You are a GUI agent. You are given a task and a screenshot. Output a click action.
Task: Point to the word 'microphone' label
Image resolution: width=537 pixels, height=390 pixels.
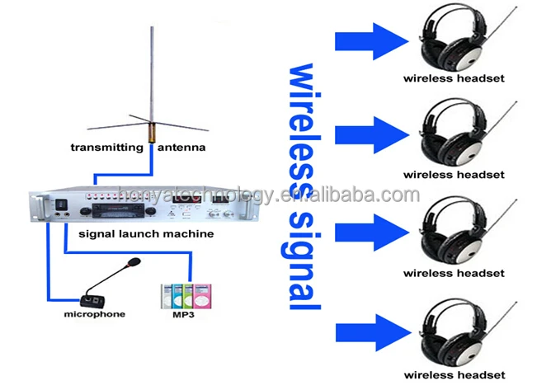(95, 315)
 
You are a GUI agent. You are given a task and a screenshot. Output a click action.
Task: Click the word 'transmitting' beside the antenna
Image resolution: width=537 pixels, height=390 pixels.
(106, 148)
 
